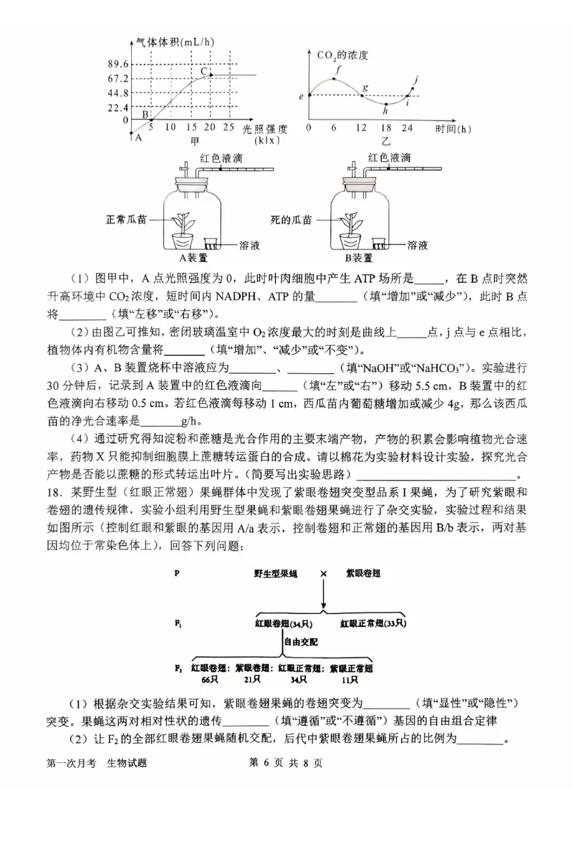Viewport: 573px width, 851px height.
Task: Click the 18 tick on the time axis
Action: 385,128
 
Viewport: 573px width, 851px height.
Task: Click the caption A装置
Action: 192,257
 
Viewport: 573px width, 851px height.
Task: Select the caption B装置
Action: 358,257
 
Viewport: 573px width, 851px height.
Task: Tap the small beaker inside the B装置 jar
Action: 380,244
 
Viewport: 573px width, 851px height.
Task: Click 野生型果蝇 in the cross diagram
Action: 275,574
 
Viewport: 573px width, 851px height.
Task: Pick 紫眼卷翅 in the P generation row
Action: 362,574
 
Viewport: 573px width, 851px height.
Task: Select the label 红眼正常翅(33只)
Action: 372,623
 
